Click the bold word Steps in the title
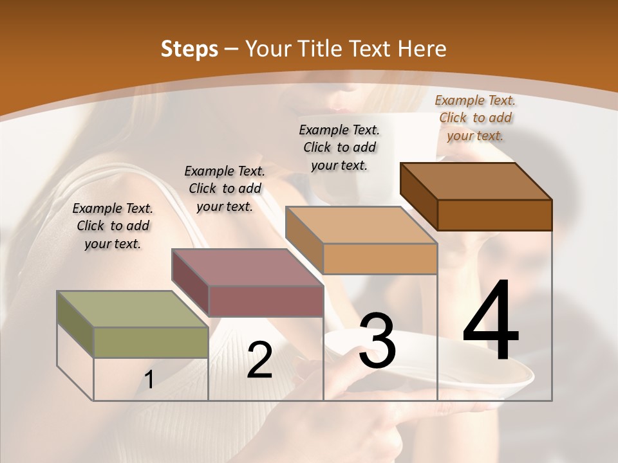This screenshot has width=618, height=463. tap(189, 49)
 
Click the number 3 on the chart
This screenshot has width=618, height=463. tap(377, 341)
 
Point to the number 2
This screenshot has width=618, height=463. tap(259, 360)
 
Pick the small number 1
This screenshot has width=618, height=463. tap(149, 380)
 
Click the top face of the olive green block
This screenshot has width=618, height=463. tap(133, 309)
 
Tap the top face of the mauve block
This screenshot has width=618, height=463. tap(247, 267)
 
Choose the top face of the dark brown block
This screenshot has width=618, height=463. tap(476, 181)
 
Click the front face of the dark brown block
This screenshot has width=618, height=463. tap(494, 215)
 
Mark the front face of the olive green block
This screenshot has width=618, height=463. tap(151, 342)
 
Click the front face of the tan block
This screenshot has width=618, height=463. tap(380, 259)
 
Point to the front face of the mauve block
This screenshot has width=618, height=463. tap(266, 300)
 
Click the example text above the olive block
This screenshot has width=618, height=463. tap(113, 226)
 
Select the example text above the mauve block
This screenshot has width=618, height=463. tap(225, 188)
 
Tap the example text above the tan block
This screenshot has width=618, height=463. tap(339, 147)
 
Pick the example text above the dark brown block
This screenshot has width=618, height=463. tap(475, 118)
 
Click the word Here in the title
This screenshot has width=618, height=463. tap(422, 49)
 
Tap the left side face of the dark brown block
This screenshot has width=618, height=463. tap(418, 196)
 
